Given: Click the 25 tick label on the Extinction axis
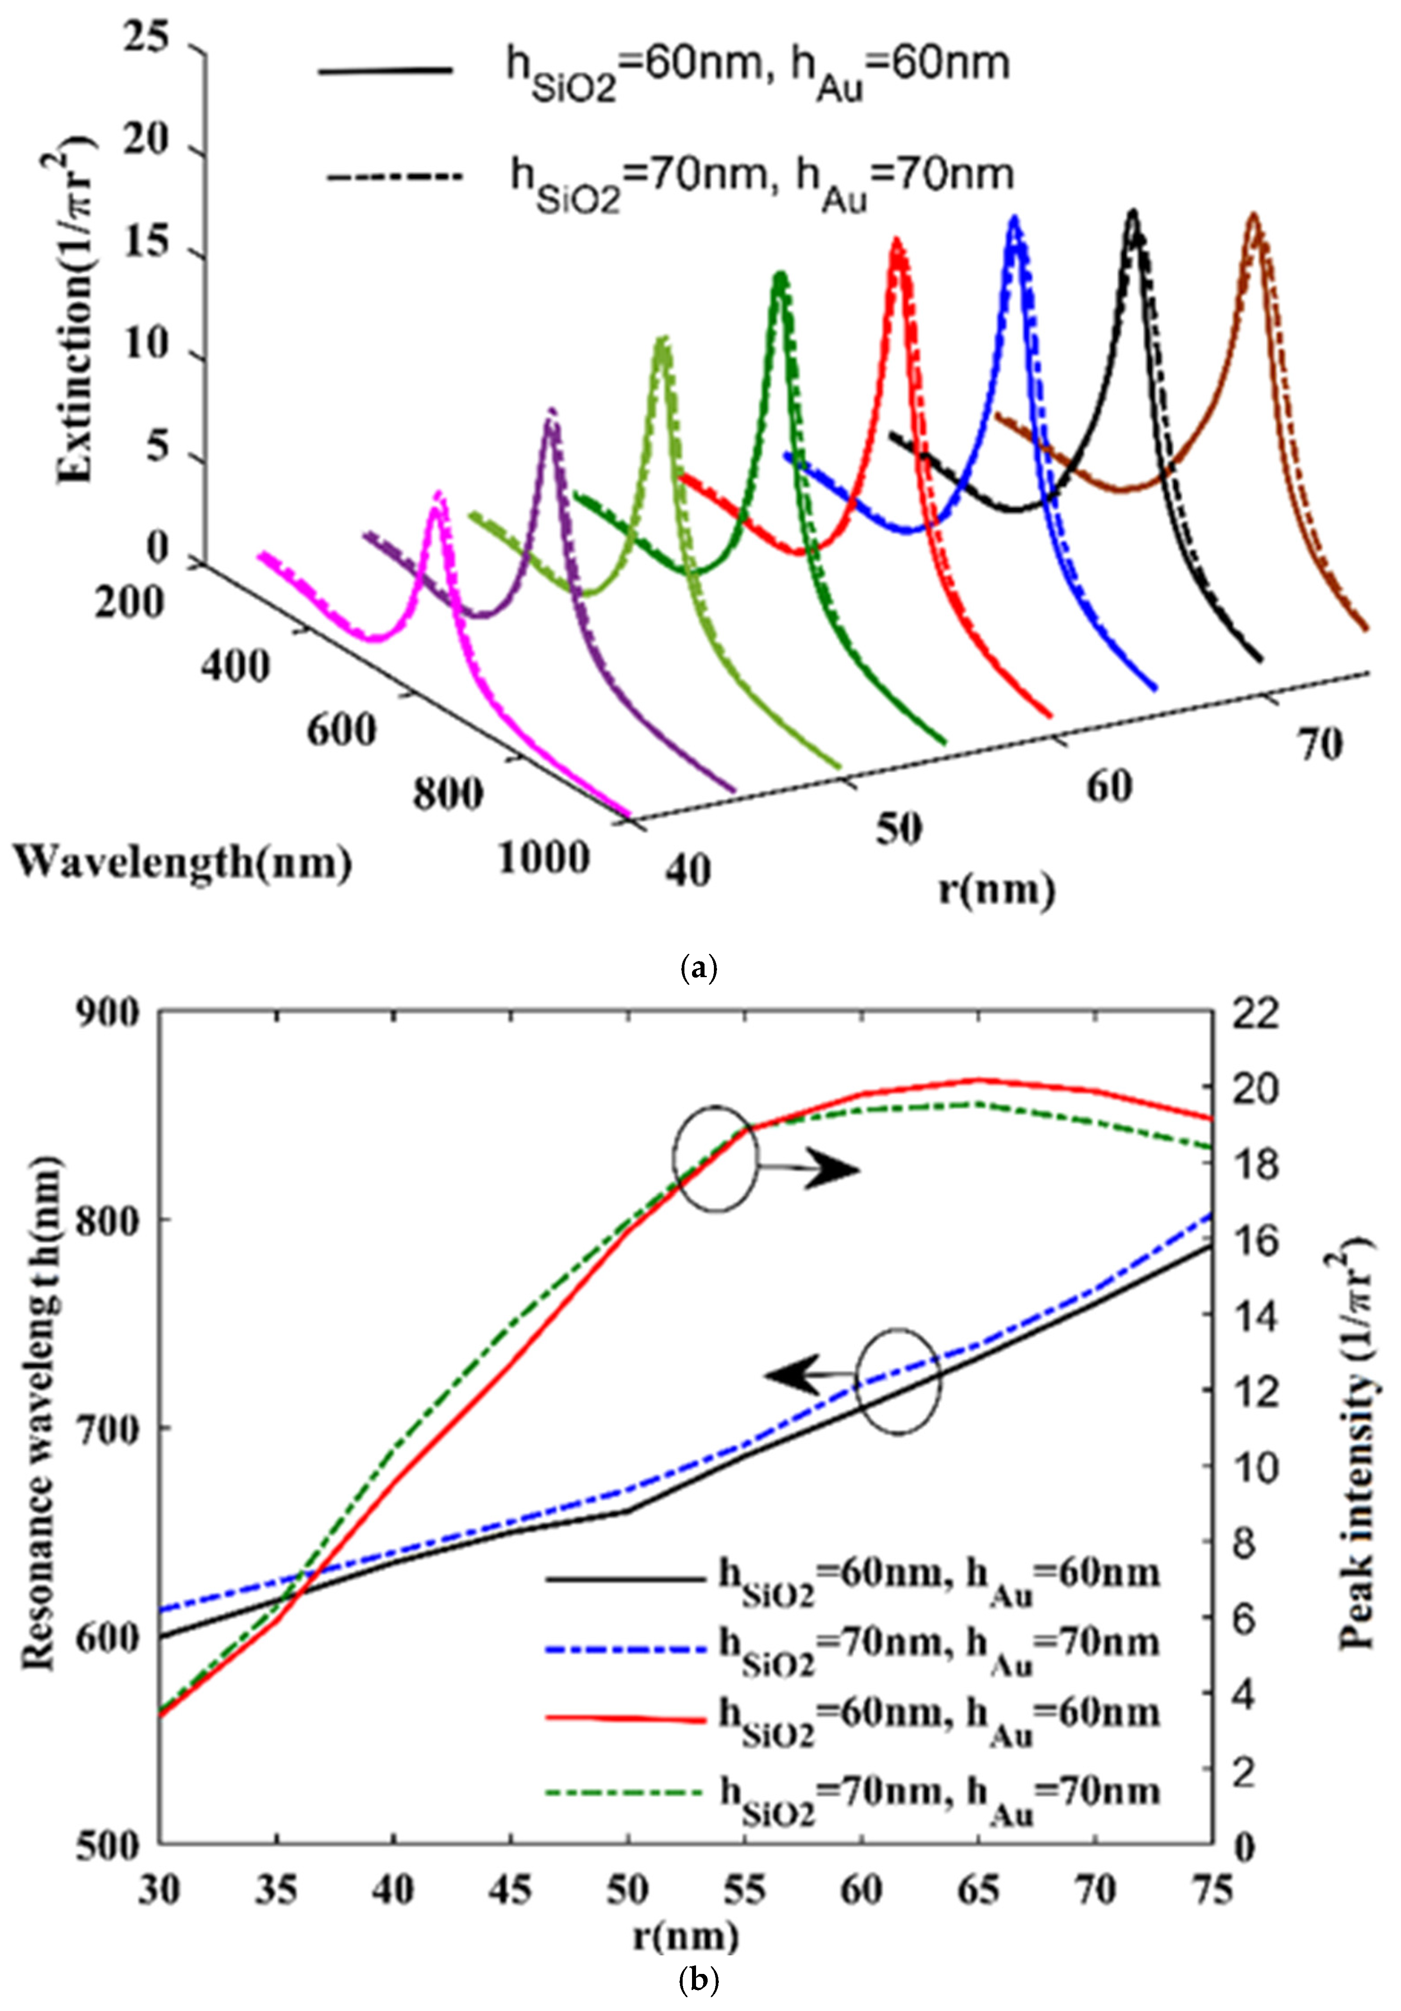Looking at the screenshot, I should pos(147,39).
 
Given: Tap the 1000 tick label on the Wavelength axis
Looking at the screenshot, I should pos(543,857).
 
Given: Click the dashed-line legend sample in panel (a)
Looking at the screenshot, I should pos(394,177).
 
